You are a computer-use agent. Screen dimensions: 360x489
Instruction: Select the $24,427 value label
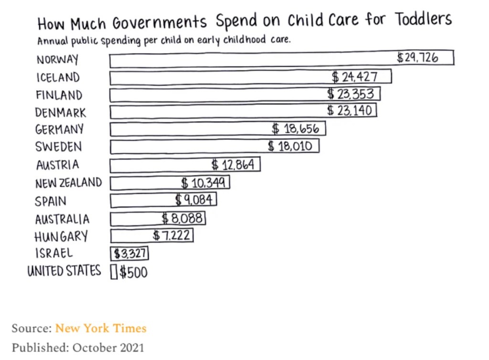tap(355, 76)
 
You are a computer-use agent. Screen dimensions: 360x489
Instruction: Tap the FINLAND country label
tap(59, 95)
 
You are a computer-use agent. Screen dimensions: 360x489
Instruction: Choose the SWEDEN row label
tap(58, 147)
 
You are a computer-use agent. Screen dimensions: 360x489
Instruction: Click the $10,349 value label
tap(205, 182)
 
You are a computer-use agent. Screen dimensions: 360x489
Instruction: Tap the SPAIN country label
tap(51, 201)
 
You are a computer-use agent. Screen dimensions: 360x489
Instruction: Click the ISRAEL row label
tap(54, 253)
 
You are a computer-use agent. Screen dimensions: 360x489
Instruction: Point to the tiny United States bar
tap(114, 272)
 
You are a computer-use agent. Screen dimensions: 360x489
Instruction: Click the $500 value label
tap(134, 273)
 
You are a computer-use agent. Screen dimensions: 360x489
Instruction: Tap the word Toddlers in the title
tap(423, 20)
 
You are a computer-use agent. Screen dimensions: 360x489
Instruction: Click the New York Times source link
tap(101, 328)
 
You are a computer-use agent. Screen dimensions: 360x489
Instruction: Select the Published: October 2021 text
tap(78, 347)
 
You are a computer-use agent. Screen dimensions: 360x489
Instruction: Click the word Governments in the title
tap(159, 23)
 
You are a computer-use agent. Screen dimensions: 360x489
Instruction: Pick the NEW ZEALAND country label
tap(68, 183)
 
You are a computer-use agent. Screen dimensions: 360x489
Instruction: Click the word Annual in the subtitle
tap(53, 41)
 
